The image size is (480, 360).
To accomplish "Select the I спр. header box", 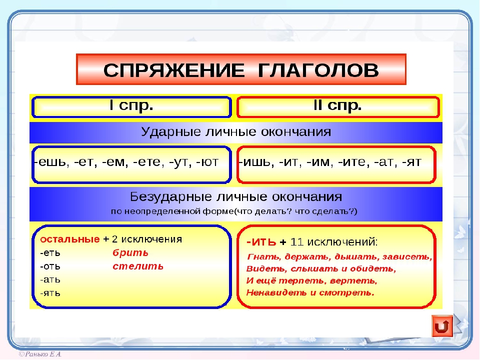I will (131, 106).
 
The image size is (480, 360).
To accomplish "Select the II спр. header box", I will (337, 106).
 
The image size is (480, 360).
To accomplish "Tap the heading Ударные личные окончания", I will (235, 132).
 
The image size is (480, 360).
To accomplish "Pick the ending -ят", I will (411, 163).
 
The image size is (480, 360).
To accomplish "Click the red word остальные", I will (69, 239).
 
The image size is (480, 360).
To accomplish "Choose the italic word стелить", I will (138, 266).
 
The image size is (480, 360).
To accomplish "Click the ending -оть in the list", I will (50, 266).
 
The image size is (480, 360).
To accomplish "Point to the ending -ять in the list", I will (50, 293).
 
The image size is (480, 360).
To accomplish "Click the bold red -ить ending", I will (261, 242).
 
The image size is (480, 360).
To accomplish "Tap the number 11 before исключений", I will (296, 242).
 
